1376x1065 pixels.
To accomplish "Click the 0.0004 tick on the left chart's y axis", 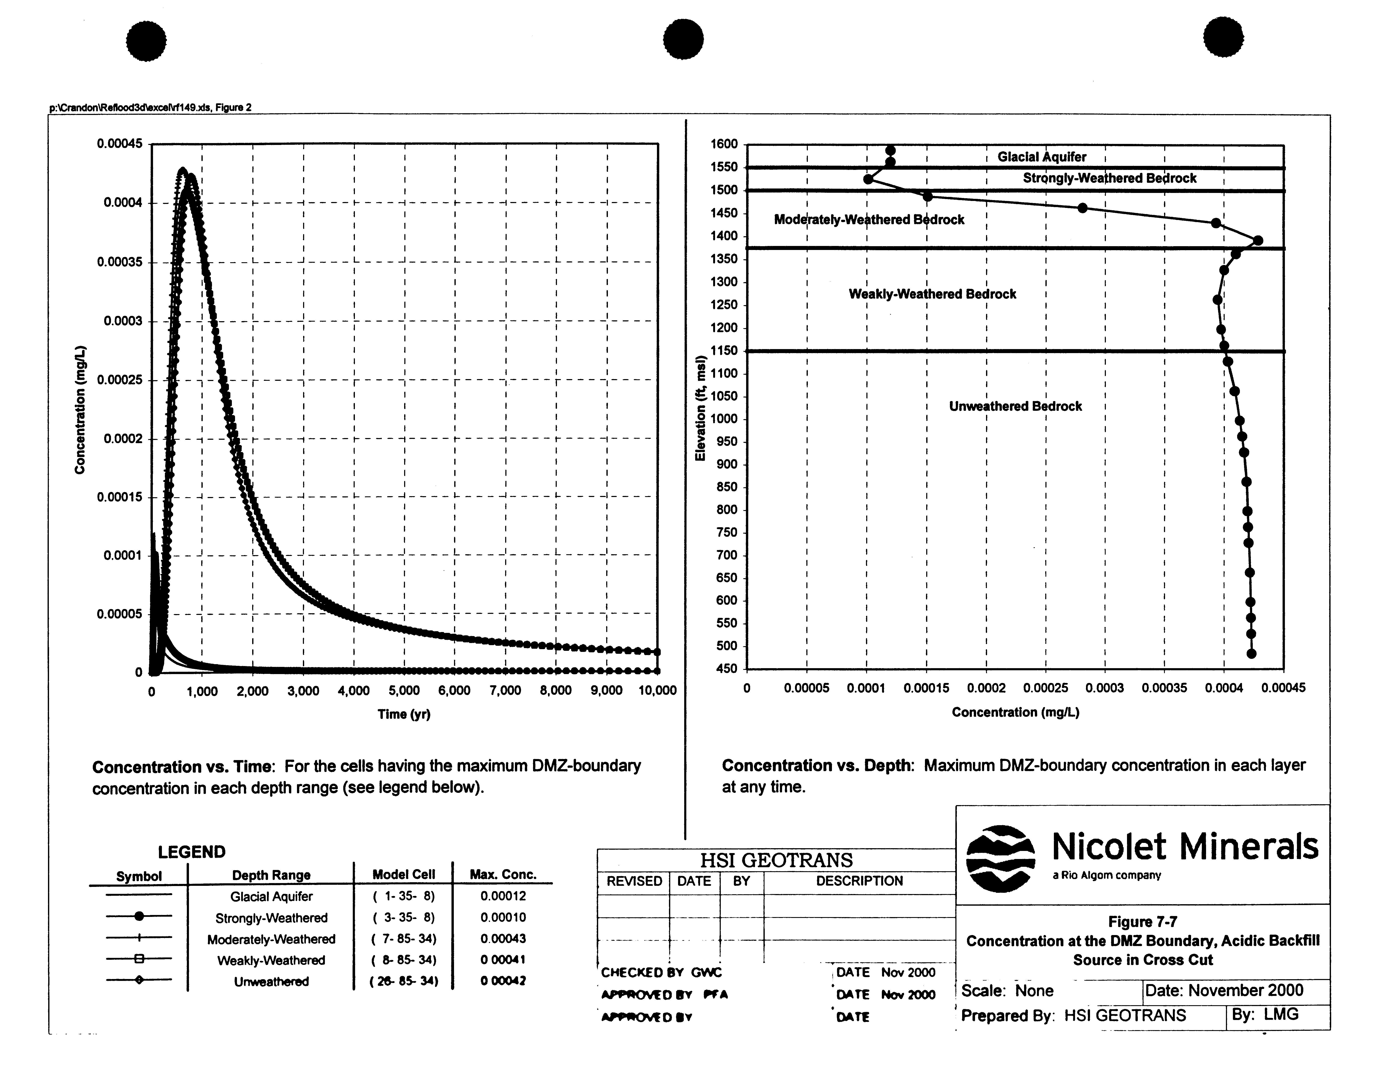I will [x=124, y=203].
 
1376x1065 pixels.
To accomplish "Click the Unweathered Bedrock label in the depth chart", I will [x=1015, y=406].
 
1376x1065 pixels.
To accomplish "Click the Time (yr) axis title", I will [x=404, y=714].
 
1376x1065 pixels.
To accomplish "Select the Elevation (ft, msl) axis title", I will [x=700, y=408].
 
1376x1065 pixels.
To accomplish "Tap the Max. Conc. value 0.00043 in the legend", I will [x=503, y=938].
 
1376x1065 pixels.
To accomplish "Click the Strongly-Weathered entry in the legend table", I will [x=271, y=918].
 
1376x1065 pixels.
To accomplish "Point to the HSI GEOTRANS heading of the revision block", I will [x=776, y=860].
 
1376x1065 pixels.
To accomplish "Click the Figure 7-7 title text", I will [x=1142, y=922].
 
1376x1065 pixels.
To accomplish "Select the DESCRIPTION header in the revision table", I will [x=859, y=881].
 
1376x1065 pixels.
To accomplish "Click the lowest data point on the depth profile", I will [x=1251, y=654].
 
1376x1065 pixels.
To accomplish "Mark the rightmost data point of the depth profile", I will [x=1258, y=241].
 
